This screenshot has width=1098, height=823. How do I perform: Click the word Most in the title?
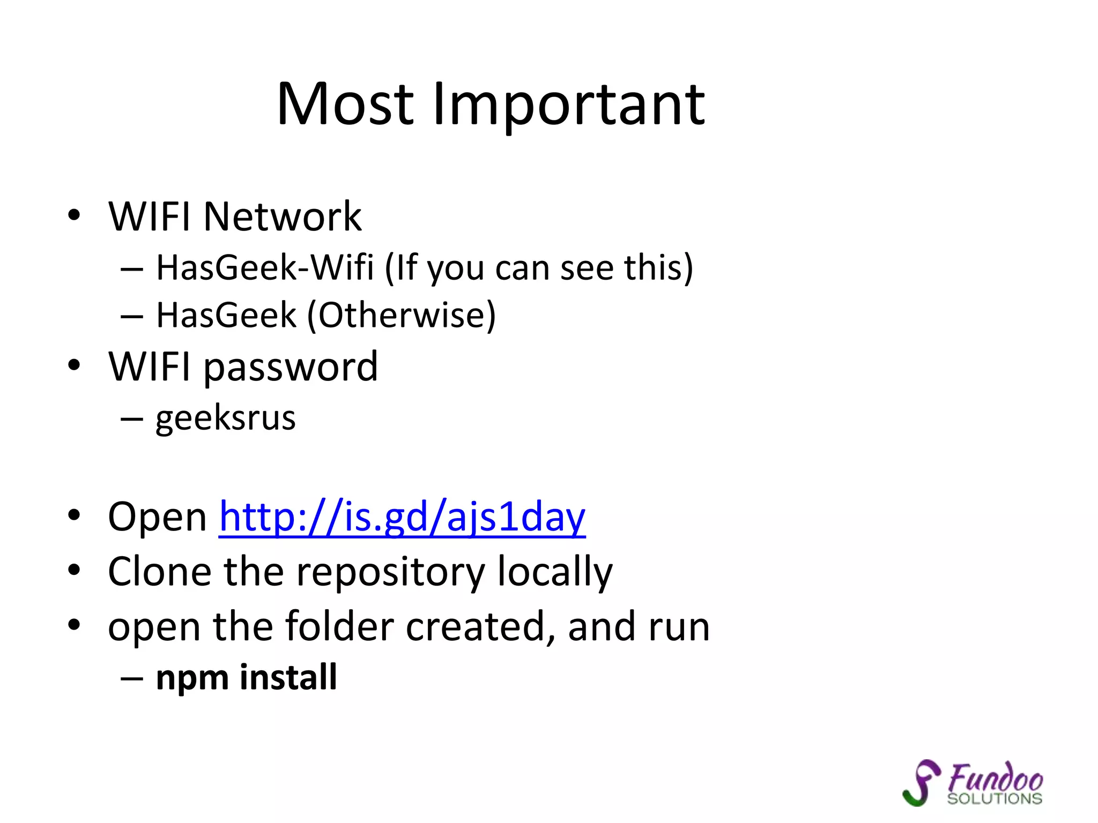click(x=345, y=104)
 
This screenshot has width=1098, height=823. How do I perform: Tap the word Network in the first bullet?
click(x=283, y=216)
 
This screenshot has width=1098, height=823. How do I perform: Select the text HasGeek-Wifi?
click(x=265, y=267)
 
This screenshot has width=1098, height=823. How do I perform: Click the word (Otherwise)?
click(x=401, y=315)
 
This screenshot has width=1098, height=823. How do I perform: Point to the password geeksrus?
click(x=225, y=418)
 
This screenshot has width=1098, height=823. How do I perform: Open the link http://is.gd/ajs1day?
click(x=402, y=517)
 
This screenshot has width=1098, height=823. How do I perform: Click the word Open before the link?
click(x=157, y=517)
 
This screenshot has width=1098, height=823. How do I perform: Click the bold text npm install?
click(x=246, y=677)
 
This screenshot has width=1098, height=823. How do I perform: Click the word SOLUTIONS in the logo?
click(x=995, y=799)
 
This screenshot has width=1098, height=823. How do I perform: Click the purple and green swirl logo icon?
click(x=921, y=783)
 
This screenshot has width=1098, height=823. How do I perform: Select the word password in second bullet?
click(x=291, y=368)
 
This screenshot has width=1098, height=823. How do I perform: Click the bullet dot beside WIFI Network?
click(x=74, y=215)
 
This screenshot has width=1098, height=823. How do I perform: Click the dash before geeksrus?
click(x=131, y=418)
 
